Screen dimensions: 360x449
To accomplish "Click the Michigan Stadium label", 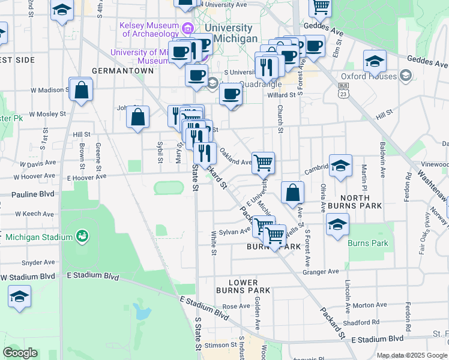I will click(39, 237).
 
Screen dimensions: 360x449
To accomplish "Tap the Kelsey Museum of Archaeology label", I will click(150, 30).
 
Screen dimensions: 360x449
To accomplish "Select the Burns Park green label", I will click(368, 243).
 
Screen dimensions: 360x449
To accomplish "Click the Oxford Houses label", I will click(369, 76).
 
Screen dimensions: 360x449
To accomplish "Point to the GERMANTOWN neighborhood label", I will click(123, 71).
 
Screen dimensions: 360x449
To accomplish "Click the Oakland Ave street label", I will click(235, 157).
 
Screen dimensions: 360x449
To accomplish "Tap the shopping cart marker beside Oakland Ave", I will click(263, 163).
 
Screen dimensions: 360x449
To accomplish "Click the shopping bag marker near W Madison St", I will click(81, 90).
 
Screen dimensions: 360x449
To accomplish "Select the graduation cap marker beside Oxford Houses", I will click(375, 62).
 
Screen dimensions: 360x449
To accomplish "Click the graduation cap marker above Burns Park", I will click(337, 226).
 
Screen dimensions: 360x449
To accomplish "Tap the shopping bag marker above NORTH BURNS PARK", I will click(292, 193).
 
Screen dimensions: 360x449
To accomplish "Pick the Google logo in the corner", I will click(21, 353).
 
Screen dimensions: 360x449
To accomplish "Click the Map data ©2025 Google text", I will click(411, 356).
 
